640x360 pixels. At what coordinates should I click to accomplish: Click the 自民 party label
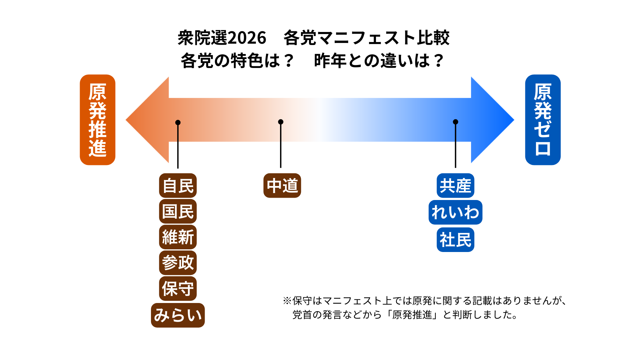(x=178, y=186)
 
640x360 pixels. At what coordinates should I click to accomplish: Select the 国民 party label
(x=178, y=211)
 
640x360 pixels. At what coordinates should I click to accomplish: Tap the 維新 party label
(x=178, y=237)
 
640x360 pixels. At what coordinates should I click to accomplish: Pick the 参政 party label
(x=178, y=263)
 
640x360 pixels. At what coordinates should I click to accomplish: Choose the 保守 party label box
(x=178, y=288)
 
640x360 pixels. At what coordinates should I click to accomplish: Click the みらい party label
(x=178, y=315)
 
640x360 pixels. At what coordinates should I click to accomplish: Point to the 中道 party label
(x=282, y=186)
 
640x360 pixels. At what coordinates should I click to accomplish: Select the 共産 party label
(x=455, y=186)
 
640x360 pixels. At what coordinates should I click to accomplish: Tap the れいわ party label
(x=455, y=212)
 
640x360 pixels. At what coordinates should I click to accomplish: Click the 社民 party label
(x=455, y=240)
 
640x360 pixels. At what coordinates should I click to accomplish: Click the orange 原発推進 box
(x=97, y=120)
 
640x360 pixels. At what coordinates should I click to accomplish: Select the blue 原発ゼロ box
(x=543, y=120)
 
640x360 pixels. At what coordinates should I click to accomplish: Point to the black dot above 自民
(x=178, y=123)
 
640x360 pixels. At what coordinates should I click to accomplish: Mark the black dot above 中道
(x=281, y=122)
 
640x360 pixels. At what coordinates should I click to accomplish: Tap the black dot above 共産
(x=456, y=122)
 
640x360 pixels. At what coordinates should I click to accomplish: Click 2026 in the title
(x=247, y=38)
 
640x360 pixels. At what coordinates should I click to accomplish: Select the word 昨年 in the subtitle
(x=330, y=61)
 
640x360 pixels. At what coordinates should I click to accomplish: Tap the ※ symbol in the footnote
(x=287, y=301)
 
